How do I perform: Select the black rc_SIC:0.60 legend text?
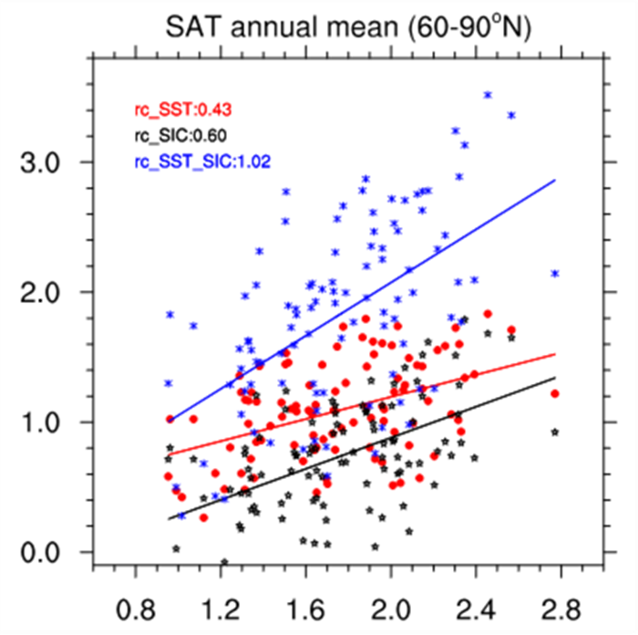point(174,136)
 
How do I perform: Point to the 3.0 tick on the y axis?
point(46,162)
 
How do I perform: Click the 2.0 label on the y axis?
point(46,293)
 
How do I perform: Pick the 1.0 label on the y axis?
point(46,422)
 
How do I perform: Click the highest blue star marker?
point(488,95)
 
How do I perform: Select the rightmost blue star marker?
point(554,274)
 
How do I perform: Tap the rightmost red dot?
point(554,394)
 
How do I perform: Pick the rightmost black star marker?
point(554,432)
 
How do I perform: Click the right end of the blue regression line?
point(555,180)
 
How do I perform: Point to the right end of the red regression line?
point(555,353)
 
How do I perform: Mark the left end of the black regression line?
point(169,518)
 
